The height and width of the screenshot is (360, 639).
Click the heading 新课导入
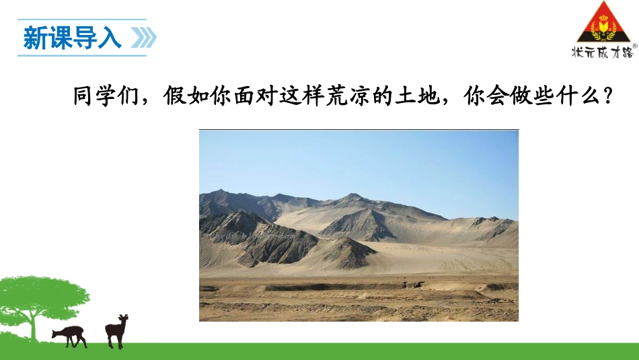[x=73, y=38]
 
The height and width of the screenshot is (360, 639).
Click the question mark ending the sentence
[x=607, y=97]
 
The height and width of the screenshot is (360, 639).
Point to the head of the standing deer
[x=123, y=319]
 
